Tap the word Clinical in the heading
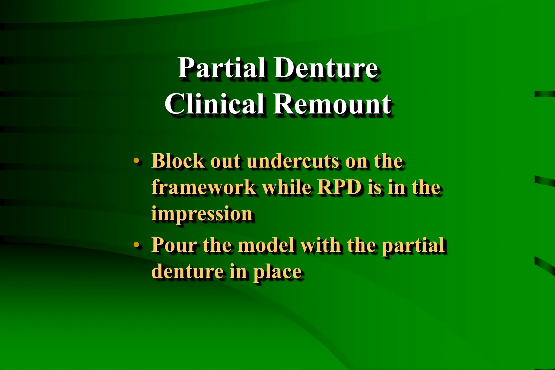click(x=214, y=104)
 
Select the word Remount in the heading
click(x=332, y=104)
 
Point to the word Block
click(x=178, y=161)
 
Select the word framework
click(x=203, y=187)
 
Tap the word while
click(x=287, y=187)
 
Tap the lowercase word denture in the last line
click(x=187, y=271)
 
